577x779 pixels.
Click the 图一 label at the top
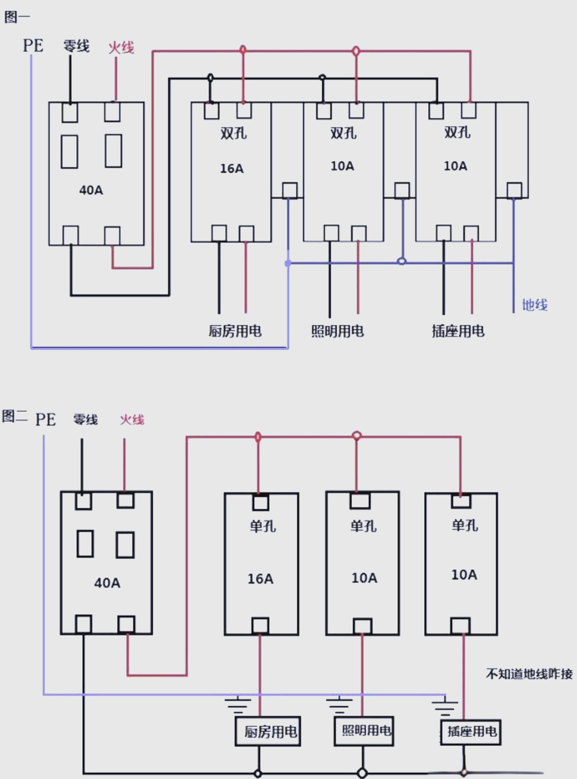(x=17, y=17)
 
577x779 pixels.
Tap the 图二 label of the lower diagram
(x=15, y=416)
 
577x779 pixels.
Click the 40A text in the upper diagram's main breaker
(x=91, y=190)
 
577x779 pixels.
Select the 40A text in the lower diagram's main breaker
(x=107, y=583)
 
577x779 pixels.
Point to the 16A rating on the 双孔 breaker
(x=232, y=169)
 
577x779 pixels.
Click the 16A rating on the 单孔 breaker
(x=260, y=579)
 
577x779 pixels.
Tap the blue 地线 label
(x=534, y=305)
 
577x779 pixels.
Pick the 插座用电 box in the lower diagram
(x=471, y=732)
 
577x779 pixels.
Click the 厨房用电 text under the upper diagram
(x=235, y=331)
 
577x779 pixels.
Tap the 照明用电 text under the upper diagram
(x=338, y=331)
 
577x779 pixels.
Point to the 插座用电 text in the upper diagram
(x=458, y=331)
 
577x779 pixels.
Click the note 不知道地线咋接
(x=529, y=674)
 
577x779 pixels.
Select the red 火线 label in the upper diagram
(x=121, y=47)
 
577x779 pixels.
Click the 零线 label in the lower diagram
(x=85, y=419)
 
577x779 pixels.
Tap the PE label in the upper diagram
(x=33, y=46)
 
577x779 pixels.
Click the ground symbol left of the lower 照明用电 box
(x=339, y=705)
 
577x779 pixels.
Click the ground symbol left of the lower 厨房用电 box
(x=238, y=705)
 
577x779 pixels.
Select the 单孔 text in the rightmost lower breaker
(x=464, y=525)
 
